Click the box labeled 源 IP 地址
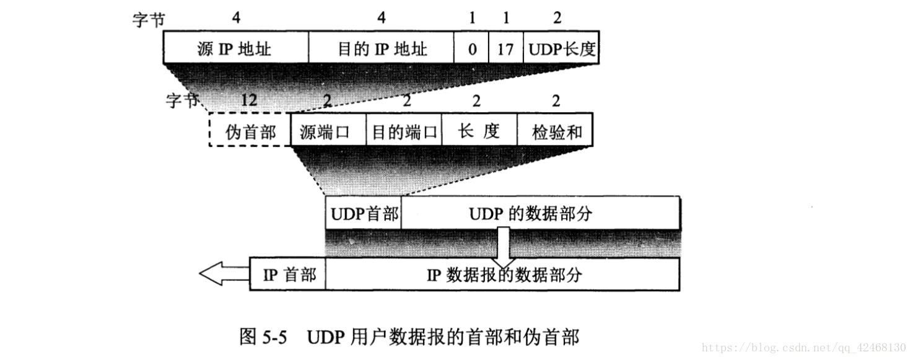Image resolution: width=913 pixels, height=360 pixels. point(236,47)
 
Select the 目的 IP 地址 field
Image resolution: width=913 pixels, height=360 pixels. point(381,47)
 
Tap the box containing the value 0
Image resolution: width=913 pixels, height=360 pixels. point(471,47)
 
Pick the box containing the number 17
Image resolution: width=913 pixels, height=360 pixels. point(506,47)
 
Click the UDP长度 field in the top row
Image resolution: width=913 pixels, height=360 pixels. point(561,47)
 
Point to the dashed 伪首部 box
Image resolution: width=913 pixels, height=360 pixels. point(250,130)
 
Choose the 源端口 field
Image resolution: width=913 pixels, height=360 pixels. point(328,130)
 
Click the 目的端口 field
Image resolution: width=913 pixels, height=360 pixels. point(404,130)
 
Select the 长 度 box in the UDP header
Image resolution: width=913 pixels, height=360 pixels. point(479,130)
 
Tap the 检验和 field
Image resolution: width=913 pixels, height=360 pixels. point(555,130)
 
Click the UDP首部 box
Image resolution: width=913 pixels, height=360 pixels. point(363,213)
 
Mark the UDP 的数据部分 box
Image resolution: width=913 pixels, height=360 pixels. point(541,213)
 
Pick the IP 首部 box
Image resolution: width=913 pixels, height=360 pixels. point(287,274)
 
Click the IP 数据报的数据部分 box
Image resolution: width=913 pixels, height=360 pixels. point(502,274)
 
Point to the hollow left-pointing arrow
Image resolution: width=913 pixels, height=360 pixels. point(224,273)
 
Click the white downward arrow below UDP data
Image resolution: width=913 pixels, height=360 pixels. point(504,247)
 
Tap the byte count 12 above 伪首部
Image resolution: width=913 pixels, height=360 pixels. point(249,100)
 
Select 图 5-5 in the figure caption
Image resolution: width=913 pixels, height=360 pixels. point(263,337)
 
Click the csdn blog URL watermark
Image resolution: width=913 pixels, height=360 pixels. point(803,348)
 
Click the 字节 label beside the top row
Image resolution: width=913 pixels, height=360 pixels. point(149,20)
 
